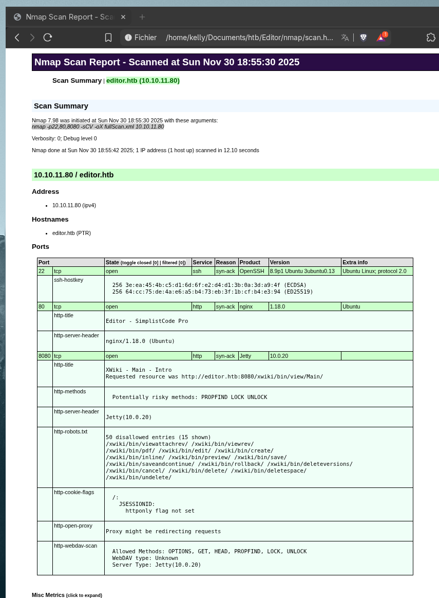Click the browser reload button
coord(48,38)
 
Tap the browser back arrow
coord(17,38)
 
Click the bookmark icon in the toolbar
coord(108,38)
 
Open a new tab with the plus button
coord(142,17)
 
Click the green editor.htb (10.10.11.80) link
coord(143,81)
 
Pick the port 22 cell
coord(42,271)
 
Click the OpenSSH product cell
coord(251,271)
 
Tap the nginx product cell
coord(246,306)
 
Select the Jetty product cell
coord(245,356)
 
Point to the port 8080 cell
coord(45,356)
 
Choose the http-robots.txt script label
coord(70,431)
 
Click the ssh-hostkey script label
coord(68,280)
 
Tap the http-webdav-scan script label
coord(75,546)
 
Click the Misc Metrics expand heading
coord(67,595)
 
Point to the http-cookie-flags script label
coord(74,492)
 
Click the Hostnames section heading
coord(50,220)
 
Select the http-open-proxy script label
coord(73,525)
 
